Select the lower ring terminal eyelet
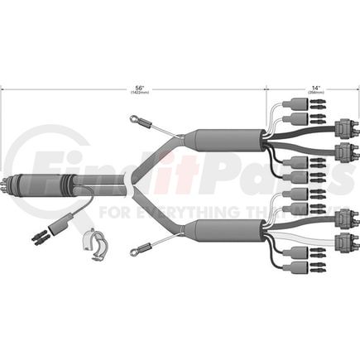134,245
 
